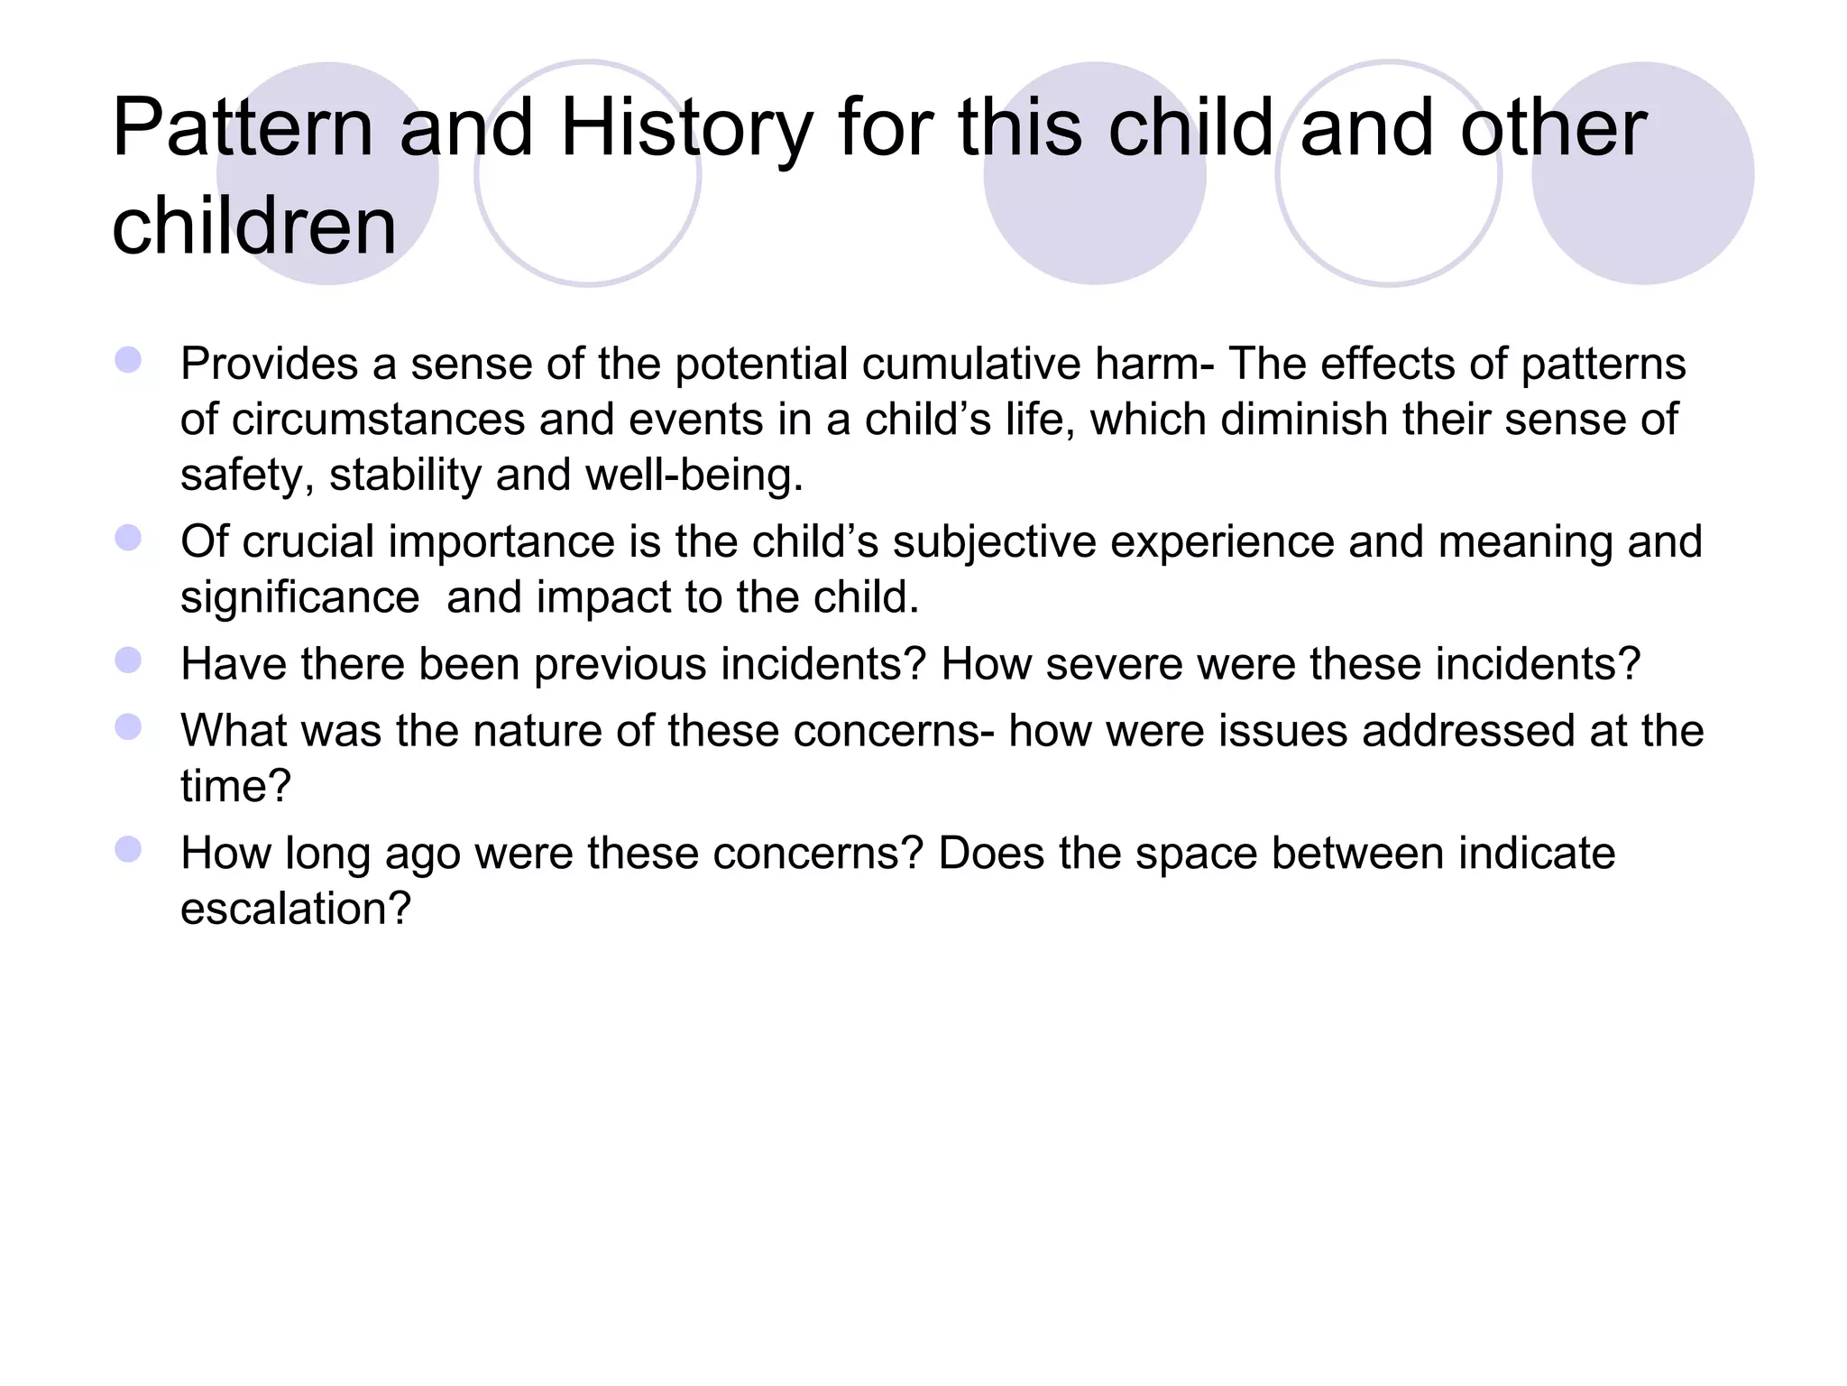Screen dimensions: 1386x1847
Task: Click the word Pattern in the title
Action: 243,128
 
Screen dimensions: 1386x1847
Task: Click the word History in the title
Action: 686,128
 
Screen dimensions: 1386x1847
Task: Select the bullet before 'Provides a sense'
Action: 128,361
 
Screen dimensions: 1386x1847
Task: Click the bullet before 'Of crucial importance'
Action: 128,539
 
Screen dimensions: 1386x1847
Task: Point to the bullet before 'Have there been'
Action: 128,661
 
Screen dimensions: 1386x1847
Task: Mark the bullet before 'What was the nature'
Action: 128,727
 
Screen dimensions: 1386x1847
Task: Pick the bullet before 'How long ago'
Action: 128,850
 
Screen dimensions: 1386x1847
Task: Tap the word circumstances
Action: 378,420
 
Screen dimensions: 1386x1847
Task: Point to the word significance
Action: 299,597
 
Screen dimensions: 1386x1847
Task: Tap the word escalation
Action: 295,909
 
